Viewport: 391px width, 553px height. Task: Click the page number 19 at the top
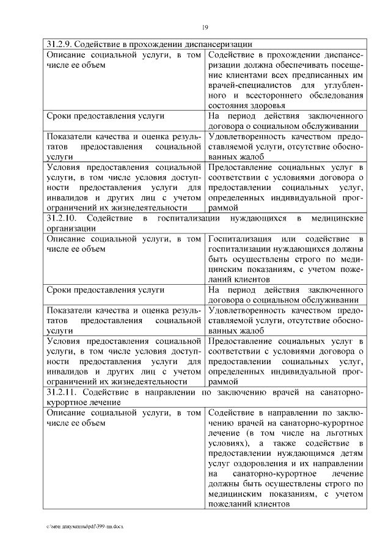pos(206,27)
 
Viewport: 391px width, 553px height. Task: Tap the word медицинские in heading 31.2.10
pos(338,218)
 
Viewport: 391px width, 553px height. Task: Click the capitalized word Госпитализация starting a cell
pos(239,239)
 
